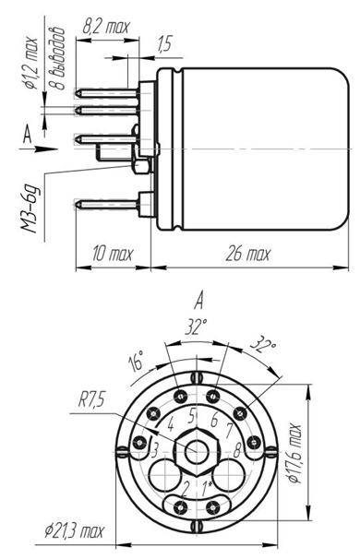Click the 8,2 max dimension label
click(106, 27)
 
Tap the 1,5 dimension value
click(164, 43)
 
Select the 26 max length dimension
click(247, 255)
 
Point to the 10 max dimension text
click(113, 255)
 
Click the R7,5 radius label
click(91, 400)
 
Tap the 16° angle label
click(137, 361)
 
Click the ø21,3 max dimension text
click(74, 531)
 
